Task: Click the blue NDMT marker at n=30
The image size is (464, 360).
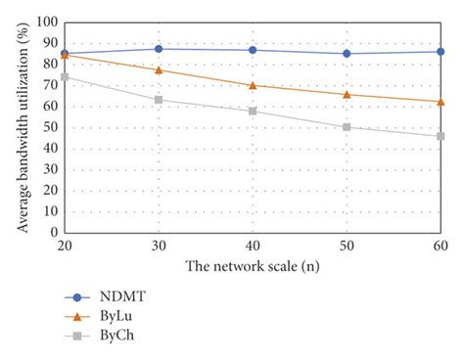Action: click(159, 49)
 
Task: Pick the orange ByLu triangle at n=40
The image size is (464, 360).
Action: click(253, 85)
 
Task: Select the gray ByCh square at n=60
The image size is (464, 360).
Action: click(441, 136)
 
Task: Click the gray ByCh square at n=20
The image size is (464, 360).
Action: click(65, 76)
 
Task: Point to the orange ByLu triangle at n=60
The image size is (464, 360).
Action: click(441, 102)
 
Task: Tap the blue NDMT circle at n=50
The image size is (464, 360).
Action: click(347, 54)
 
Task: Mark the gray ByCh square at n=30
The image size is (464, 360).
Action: click(159, 100)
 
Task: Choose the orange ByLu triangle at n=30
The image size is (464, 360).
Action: click(159, 69)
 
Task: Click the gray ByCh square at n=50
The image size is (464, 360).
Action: click(347, 127)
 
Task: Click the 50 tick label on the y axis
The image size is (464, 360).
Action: click(50, 127)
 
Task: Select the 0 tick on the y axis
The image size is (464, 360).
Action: click(54, 232)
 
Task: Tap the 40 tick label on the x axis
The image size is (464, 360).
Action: click(253, 246)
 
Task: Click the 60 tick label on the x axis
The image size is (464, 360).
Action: click(441, 246)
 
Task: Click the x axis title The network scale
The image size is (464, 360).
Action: click(253, 265)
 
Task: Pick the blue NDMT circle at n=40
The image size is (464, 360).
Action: click(253, 50)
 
